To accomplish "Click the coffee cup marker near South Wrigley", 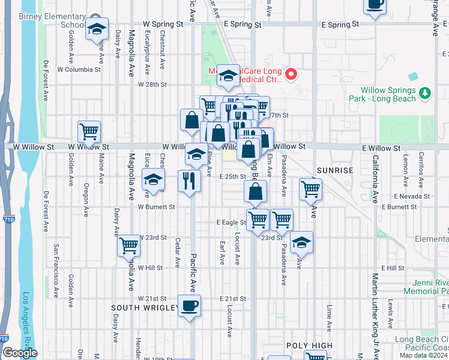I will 190,306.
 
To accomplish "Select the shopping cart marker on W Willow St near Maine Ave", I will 89,131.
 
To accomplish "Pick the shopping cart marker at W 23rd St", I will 129,245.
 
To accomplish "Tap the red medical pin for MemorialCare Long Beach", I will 291,75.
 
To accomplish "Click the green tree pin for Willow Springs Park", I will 425,93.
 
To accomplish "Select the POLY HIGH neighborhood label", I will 309,346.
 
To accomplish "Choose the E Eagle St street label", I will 231,222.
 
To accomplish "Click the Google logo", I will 20,353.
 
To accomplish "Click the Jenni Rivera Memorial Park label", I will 430,287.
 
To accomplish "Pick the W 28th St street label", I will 152,85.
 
